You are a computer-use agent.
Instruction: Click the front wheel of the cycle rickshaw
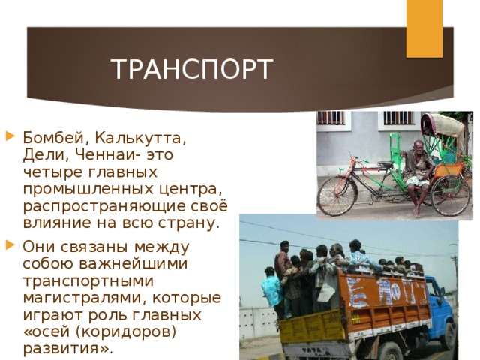337,196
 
